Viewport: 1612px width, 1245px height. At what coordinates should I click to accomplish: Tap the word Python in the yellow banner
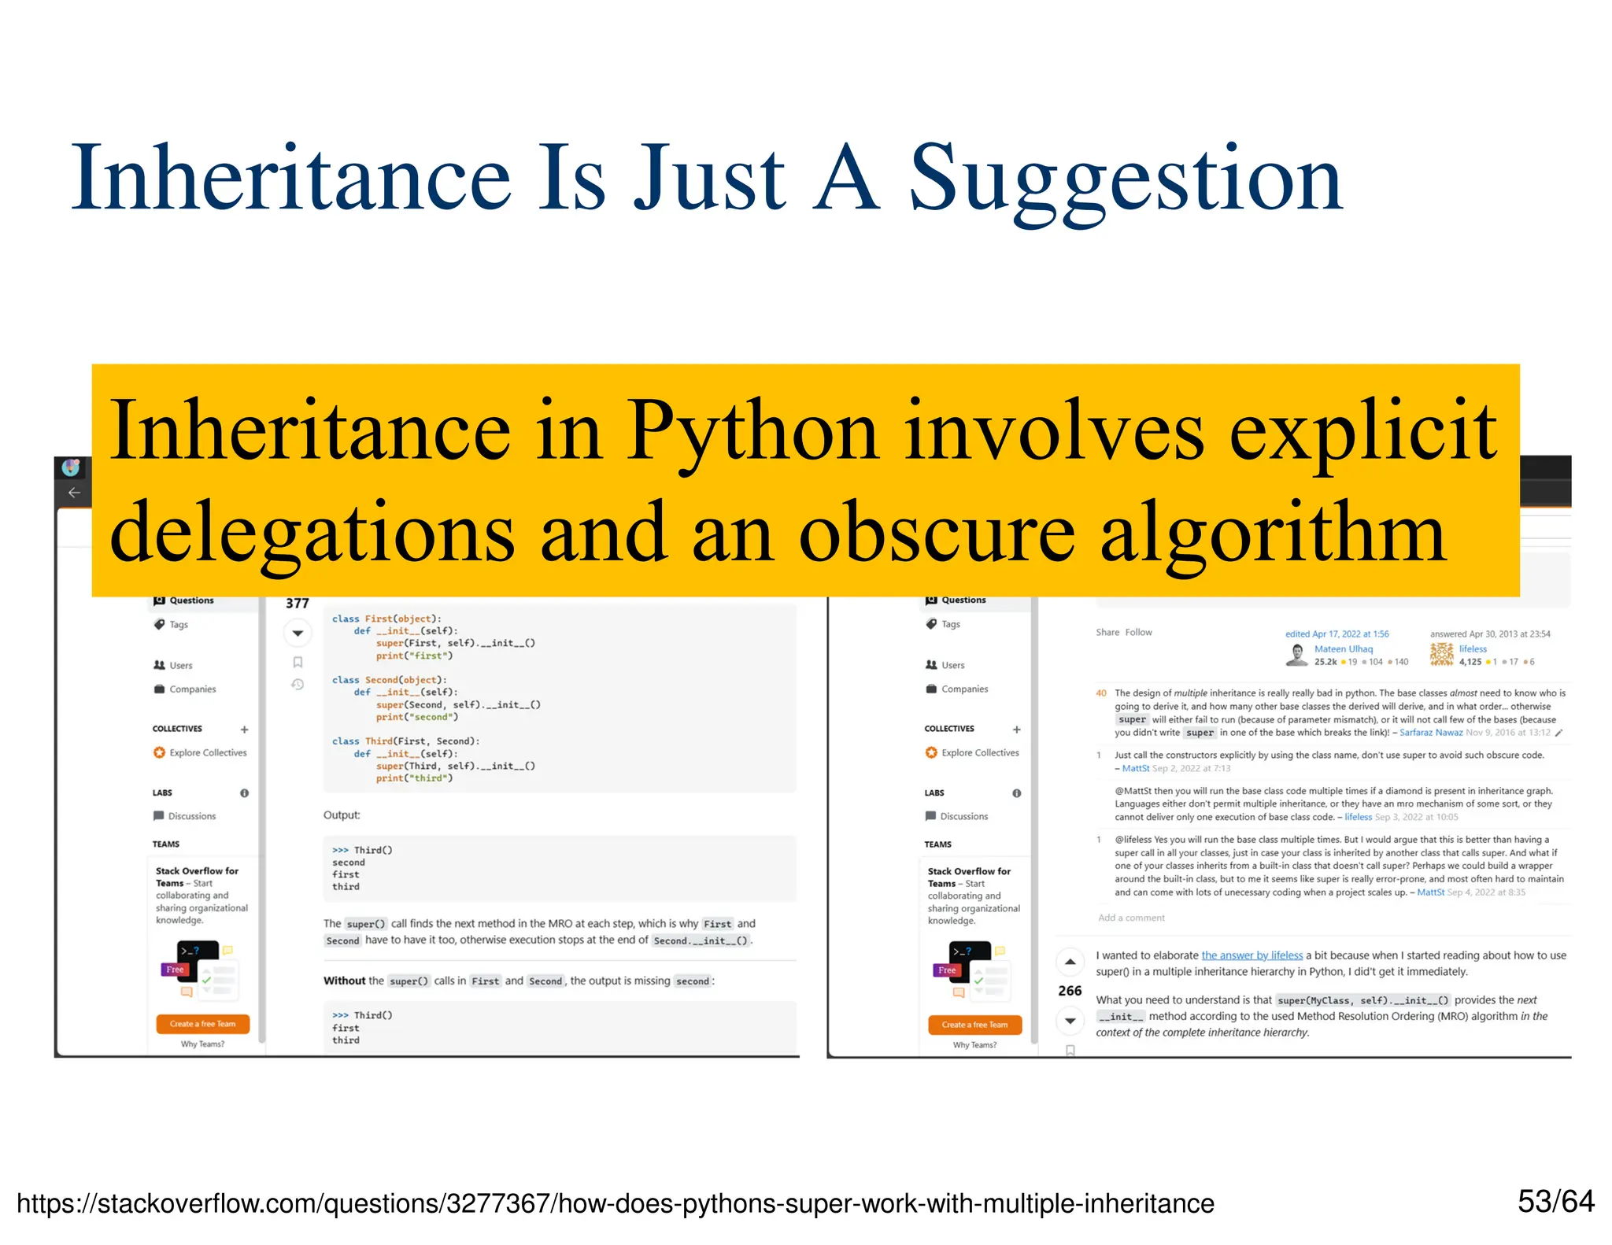tap(752, 431)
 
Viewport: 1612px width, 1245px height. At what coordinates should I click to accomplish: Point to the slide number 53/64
tap(1555, 1202)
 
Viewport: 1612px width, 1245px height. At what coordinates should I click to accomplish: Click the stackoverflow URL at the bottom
tap(615, 1203)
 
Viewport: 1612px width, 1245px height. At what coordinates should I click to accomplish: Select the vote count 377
tap(297, 604)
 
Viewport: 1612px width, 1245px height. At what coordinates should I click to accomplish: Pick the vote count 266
tap(1070, 991)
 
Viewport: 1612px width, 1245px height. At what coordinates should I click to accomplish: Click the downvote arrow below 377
tap(298, 633)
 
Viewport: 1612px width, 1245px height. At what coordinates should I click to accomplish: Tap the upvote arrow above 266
tap(1070, 962)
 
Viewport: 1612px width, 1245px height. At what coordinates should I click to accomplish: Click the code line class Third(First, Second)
tap(405, 741)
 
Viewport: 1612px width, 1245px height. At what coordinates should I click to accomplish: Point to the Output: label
tap(342, 815)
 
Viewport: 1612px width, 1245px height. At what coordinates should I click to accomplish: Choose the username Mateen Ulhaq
tap(1343, 649)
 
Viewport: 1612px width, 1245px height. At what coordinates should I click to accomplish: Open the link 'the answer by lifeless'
tap(1252, 955)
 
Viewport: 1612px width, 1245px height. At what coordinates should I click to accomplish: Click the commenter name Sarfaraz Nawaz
tap(1430, 733)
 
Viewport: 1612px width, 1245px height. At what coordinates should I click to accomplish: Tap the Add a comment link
tap(1131, 918)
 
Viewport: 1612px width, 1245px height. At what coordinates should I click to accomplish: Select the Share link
tap(1107, 633)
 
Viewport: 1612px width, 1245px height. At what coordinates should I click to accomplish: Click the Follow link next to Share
tap(1138, 633)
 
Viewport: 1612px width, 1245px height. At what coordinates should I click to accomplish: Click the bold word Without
tap(344, 981)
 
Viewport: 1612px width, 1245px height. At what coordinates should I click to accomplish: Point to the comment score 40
tap(1100, 693)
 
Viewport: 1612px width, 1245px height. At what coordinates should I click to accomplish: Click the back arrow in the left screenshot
tap(74, 493)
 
